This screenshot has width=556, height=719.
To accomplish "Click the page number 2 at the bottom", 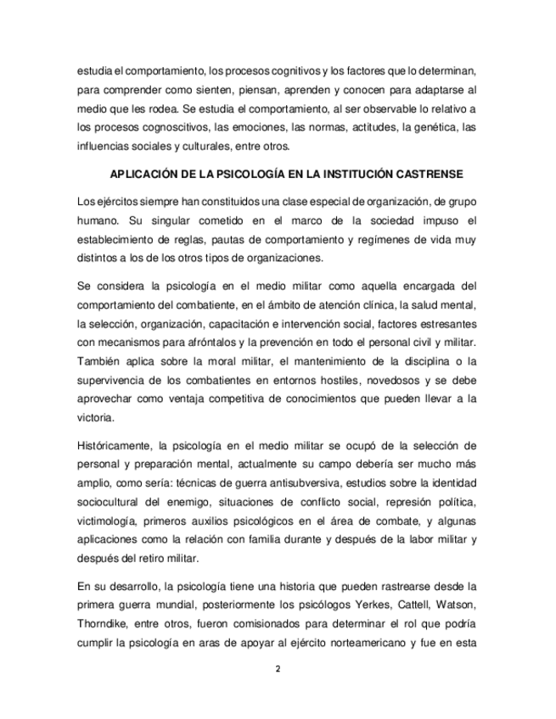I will pos(278,669).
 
